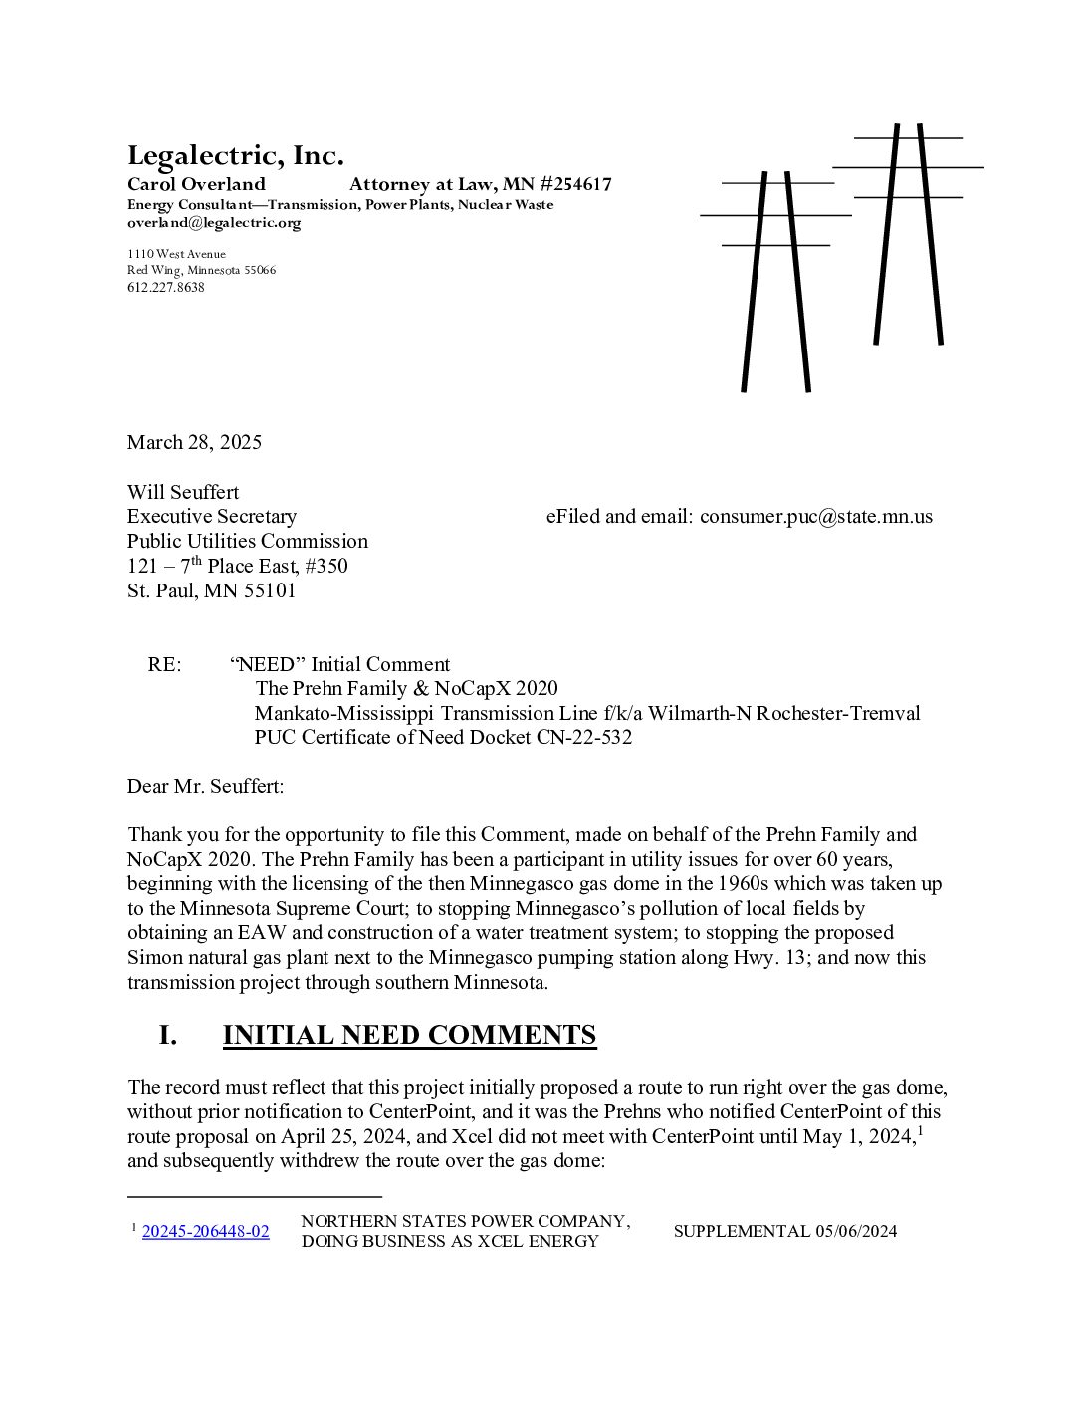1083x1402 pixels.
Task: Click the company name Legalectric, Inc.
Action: (235, 156)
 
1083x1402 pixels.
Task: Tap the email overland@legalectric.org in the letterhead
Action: (213, 223)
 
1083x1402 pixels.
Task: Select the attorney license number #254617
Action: (576, 184)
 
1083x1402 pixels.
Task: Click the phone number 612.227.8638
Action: (165, 287)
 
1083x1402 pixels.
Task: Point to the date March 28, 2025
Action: (194, 442)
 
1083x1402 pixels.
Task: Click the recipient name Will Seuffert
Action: (183, 492)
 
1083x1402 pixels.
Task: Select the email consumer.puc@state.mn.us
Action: (815, 516)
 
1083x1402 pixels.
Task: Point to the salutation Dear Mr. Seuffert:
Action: (205, 786)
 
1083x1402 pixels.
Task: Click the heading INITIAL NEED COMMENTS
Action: (409, 1035)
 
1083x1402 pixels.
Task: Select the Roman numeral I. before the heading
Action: (168, 1035)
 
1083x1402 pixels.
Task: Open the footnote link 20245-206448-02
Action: (205, 1231)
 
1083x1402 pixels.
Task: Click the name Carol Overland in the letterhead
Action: (196, 184)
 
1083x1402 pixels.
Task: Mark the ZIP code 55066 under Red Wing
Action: (258, 270)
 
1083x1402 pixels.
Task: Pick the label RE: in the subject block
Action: (164, 664)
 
